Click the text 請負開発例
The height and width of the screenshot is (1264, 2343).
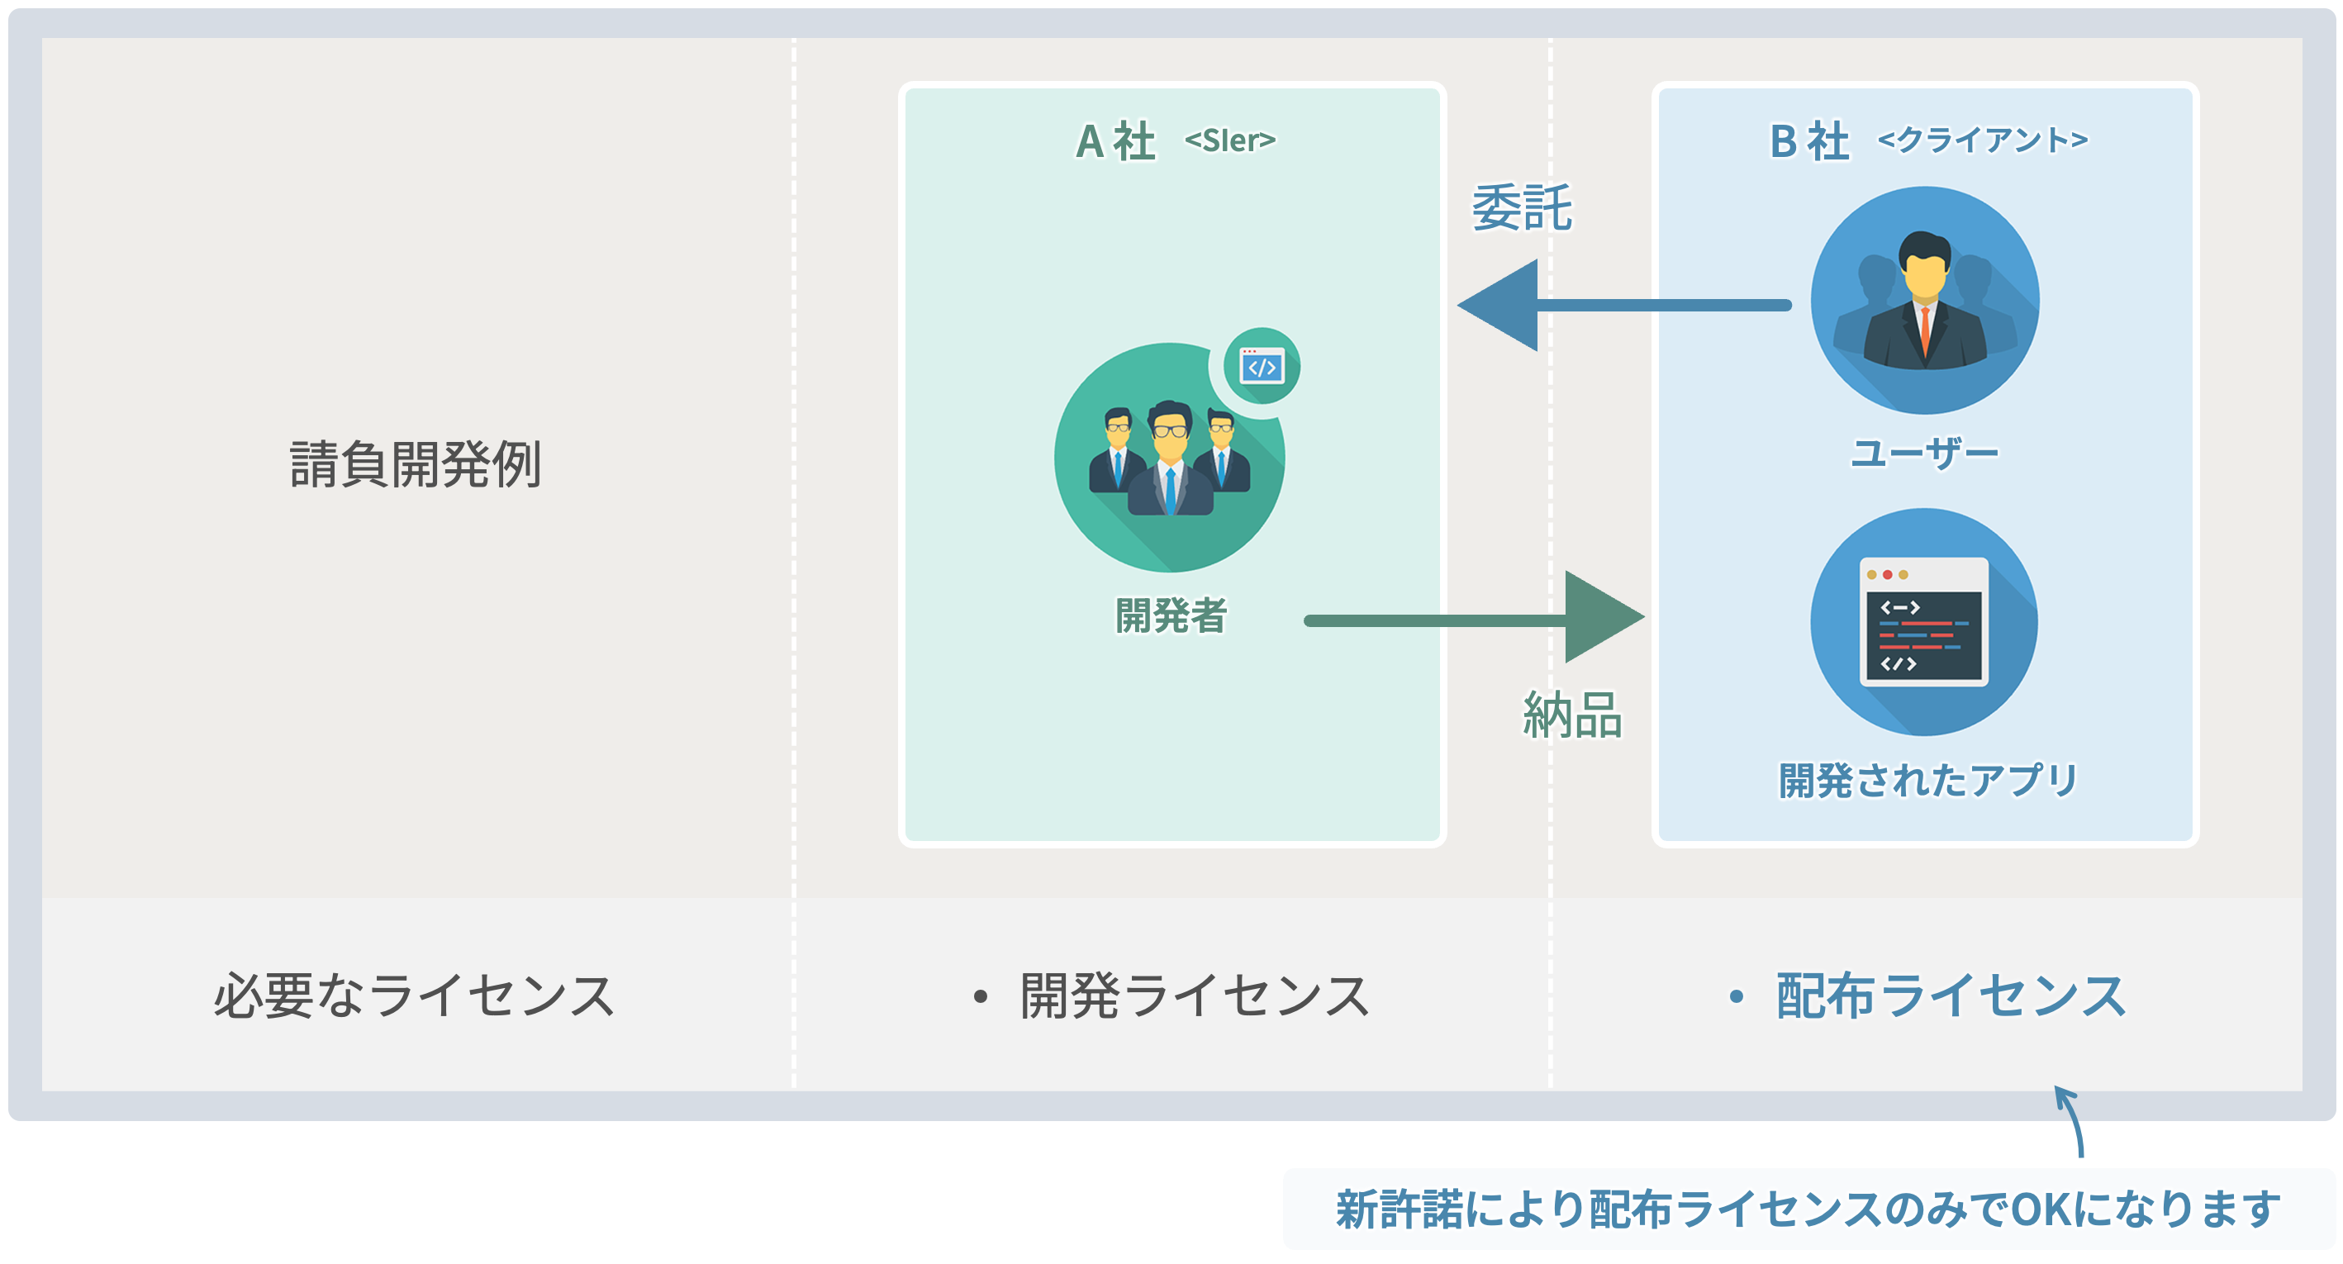tap(415, 463)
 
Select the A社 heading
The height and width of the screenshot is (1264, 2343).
tap(1115, 142)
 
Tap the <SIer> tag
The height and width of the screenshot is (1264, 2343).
tap(1229, 141)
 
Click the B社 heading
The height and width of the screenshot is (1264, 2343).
tap(1808, 142)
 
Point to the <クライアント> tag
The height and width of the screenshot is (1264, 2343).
tap(1982, 140)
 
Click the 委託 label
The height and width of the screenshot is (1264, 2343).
tap(1522, 207)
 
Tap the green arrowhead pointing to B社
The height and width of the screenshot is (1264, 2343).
tap(1601, 617)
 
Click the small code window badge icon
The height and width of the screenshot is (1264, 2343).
tap(1262, 367)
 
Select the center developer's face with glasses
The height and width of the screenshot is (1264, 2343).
tap(1170, 435)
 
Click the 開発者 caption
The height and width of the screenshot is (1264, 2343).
tap(1171, 615)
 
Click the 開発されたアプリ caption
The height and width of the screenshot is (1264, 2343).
tap(1927, 780)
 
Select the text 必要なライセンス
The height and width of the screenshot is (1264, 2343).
tap(415, 996)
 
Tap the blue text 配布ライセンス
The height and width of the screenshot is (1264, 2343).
tap(1950, 996)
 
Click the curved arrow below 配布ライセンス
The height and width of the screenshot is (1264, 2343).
tap(2072, 1120)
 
